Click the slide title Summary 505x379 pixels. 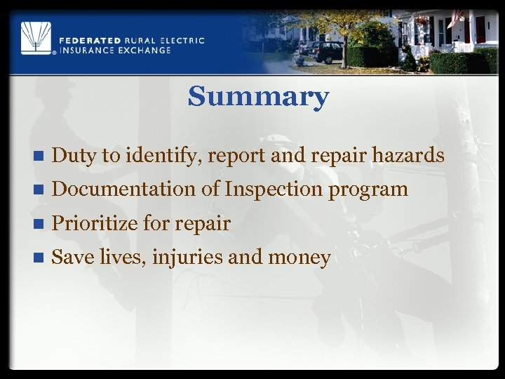point(257,97)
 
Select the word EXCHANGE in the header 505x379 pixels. point(143,50)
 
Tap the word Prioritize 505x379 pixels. point(95,223)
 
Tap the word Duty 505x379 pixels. point(74,156)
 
